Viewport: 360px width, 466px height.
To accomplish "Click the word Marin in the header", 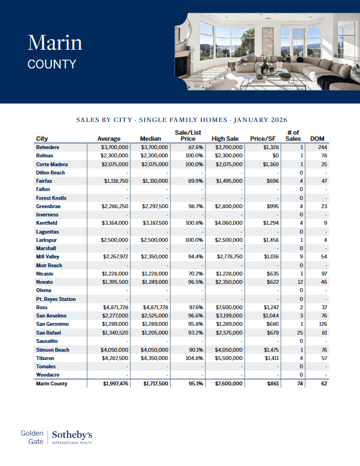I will click(55, 43).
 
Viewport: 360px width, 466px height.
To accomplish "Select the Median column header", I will click(150, 139).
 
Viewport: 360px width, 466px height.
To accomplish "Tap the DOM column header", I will click(317, 139).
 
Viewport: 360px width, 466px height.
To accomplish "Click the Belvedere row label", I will click(47, 147).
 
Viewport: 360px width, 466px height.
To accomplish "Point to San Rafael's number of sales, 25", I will click(300, 333).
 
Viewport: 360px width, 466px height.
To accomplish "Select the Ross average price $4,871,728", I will click(115, 308).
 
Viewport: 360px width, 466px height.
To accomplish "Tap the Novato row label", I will click(44, 282).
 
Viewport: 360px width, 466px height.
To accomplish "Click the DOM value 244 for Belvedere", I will click(322, 147).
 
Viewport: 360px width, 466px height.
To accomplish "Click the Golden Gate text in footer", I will click(32, 438).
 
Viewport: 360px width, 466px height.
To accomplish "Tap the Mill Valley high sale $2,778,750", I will click(227, 257).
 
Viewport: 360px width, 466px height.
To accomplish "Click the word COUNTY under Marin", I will click(51, 64).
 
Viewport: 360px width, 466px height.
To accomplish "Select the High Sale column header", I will click(225, 139).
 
